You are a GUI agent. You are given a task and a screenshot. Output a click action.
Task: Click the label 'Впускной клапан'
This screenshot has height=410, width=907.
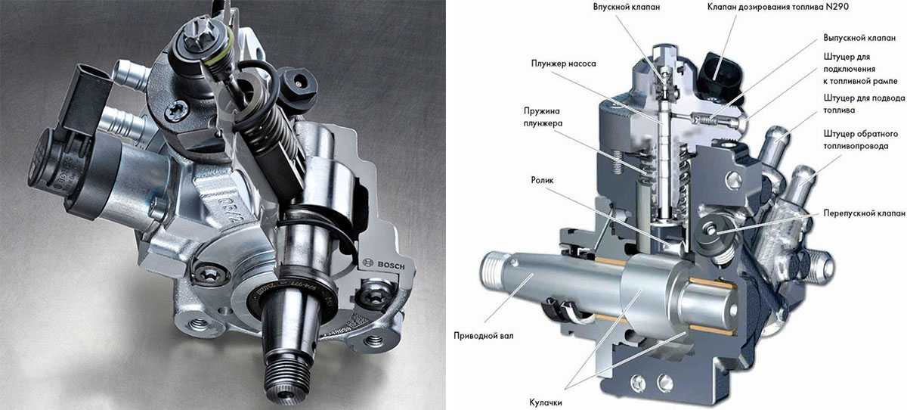(x=627, y=7)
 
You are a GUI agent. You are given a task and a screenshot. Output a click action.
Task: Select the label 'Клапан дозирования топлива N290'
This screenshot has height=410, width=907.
(x=778, y=7)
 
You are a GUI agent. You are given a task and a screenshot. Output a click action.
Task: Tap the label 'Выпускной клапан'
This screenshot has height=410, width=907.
(x=859, y=38)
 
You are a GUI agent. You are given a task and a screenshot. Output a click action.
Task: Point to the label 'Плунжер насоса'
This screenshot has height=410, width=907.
(x=564, y=64)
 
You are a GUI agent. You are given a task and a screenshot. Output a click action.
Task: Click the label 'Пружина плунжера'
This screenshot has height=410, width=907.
(x=543, y=117)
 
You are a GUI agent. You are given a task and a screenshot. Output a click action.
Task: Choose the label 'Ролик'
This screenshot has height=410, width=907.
(x=542, y=180)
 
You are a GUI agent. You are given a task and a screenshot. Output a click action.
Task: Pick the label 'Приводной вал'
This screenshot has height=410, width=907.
(x=484, y=336)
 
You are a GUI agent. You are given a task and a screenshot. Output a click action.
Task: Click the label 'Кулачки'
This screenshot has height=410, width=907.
(x=546, y=402)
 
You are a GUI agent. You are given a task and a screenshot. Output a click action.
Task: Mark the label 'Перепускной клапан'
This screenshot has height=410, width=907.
(x=865, y=213)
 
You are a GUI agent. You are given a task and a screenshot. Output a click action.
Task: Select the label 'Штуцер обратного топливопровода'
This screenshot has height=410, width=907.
(x=861, y=140)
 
